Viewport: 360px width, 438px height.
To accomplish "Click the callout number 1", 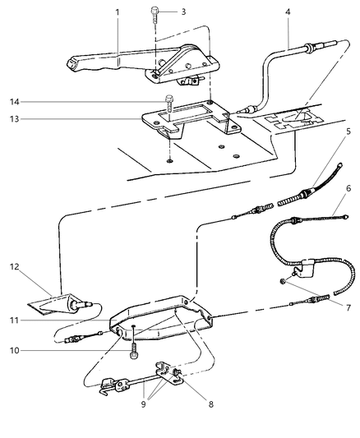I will [118, 12].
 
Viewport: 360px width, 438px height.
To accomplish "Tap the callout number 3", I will [183, 12].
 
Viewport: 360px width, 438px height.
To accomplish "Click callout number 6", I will [349, 210].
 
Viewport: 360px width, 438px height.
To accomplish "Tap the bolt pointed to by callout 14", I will [170, 105].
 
